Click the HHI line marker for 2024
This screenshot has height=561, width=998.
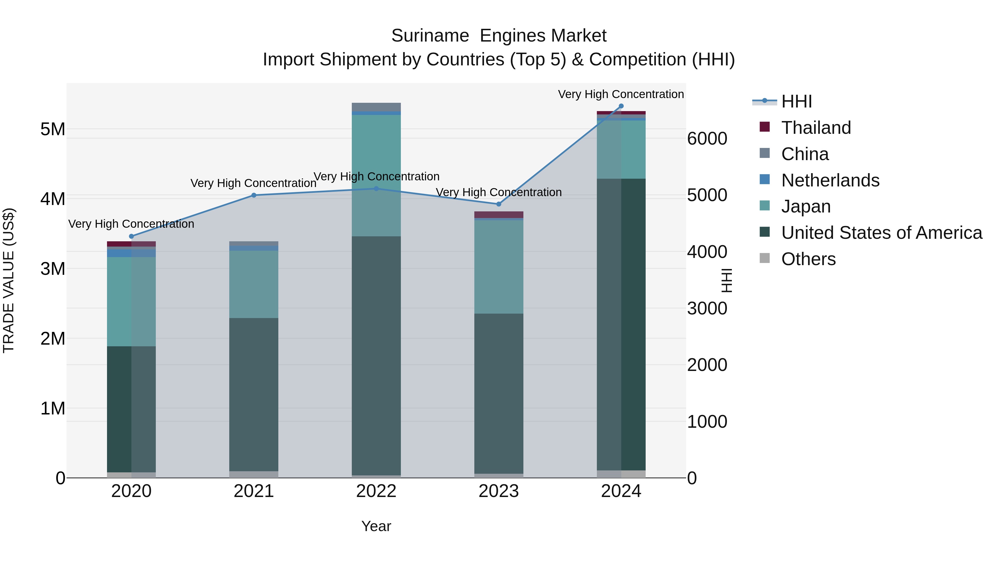pyautogui.click(x=621, y=106)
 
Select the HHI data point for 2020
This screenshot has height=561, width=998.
pyautogui.click(x=131, y=236)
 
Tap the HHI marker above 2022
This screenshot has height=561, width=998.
pyautogui.click(x=376, y=189)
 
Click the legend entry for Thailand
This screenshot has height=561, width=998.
pyautogui.click(x=816, y=127)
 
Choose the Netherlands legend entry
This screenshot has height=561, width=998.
pyautogui.click(x=830, y=180)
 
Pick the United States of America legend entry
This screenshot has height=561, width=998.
pyautogui.click(x=881, y=233)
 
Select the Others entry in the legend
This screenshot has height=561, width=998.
pyautogui.click(x=808, y=259)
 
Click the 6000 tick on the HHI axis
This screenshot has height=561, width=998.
pyautogui.click(x=707, y=138)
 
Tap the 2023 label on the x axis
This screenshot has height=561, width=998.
pyautogui.click(x=499, y=491)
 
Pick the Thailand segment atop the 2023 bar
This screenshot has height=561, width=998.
pyautogui.click(x=499, y=214)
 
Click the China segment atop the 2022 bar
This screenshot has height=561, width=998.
pyautogui.click(x=376, y=107)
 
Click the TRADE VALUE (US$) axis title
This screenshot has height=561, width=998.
pyautogui.click(x=9, y=280)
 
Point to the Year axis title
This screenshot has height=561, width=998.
pyautogui.click(x=376, y=526)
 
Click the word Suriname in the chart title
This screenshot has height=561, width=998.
pyautogui.click(x=430, y=36)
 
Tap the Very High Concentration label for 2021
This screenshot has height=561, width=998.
pyautogui.click(x=253, y=183)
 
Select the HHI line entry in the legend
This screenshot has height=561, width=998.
pyautogui.click(x=796, y=101)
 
